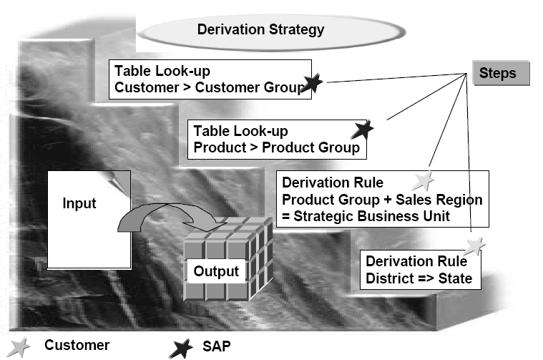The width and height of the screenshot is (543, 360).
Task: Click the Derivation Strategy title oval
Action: point(260,30)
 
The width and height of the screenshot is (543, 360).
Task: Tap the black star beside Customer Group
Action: point(312,83)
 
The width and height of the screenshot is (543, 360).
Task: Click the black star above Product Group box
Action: point(363,130)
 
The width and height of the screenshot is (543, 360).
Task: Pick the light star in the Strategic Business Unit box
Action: point(424,181)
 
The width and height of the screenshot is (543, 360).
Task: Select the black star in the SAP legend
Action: point(181,348)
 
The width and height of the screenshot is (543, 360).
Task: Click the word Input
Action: point(79,204)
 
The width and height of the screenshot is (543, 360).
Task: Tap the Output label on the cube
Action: point(215,272)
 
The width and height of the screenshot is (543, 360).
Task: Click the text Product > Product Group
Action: point(277,148)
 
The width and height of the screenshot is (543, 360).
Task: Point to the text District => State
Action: point(419,278)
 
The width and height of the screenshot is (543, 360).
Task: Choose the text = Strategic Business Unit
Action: point(362,217)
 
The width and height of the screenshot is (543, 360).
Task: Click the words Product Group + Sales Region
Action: point(382,200)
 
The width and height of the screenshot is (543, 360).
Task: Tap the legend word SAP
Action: point(215,347)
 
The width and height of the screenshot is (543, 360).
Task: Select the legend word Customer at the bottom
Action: point(77,346)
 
